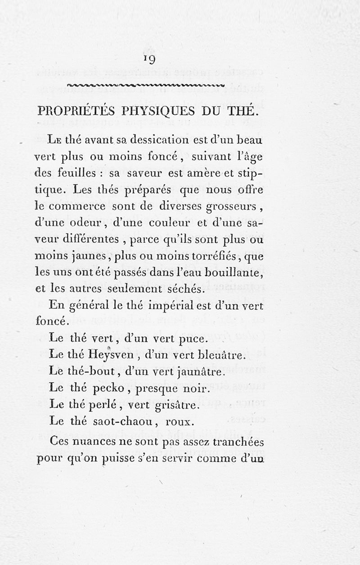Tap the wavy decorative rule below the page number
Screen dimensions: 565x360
(x=145, y=85)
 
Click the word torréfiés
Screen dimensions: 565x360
(x=217, y=257)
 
